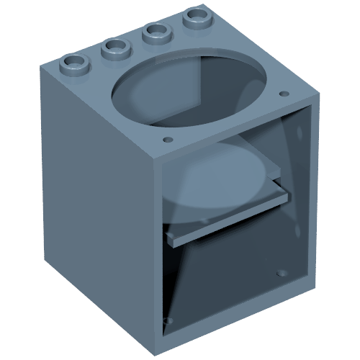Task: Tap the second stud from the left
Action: pos(114,48)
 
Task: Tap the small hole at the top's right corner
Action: pos(283,94)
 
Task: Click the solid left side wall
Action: pos(94,209)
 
